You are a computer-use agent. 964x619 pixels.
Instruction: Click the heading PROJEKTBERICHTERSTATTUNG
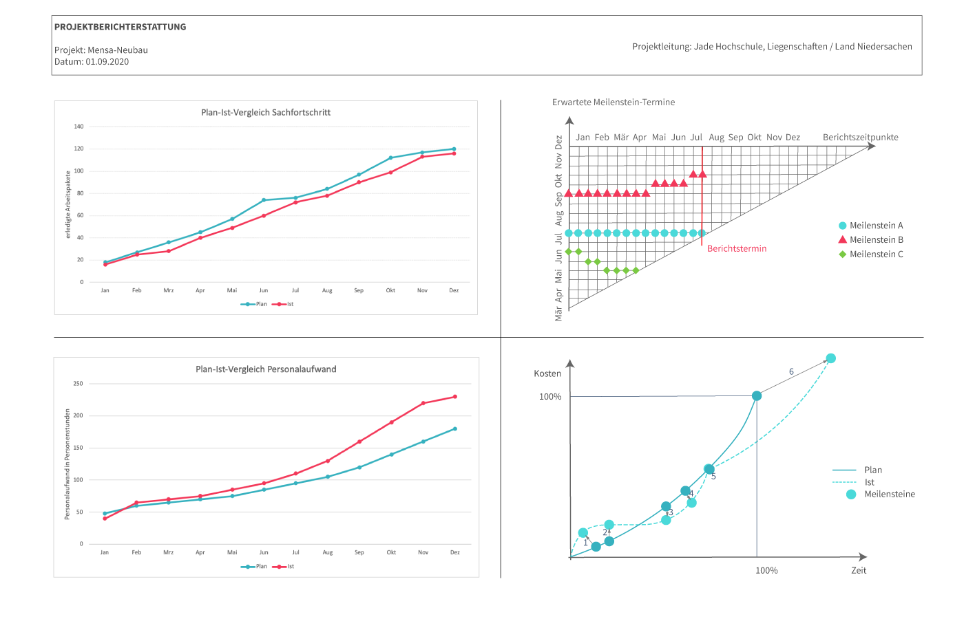[x=120, y=27]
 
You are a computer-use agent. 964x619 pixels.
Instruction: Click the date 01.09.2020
[x=107, y=62]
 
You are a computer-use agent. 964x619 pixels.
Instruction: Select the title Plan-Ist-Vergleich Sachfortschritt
[x=266, y=112]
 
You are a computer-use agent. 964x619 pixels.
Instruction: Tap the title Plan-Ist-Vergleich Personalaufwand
[x=266, y=369]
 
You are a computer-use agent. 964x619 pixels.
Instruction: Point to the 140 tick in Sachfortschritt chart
[x=79, y=127]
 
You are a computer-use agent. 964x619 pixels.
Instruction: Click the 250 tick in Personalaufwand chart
[x=78, y=384]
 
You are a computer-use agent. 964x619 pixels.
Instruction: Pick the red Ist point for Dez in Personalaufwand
[x=455, y=397]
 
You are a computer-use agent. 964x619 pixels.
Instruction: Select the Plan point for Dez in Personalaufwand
[x=455, y=429]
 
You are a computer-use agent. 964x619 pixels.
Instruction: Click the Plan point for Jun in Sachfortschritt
[x=264, y=200]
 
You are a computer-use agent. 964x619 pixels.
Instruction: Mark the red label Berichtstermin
[x=737, y=248]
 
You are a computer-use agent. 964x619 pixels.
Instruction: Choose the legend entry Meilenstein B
[x=876, y=240]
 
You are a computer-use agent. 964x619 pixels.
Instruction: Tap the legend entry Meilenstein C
[x=876, y=254]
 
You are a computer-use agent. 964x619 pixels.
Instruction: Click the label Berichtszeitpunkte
[x=860, y=138]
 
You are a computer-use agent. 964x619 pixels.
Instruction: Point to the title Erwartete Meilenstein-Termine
[x=614, y=102]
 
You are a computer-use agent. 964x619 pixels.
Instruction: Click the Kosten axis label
[x=547, y=373]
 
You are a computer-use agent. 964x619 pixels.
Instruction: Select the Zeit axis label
[x=859, y=570]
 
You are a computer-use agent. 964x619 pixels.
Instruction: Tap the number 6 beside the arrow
[x=791, y=371]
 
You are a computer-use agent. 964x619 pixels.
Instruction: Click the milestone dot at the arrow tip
[x=830, y=358]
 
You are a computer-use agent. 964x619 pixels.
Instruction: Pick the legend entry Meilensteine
[x=890, y=495]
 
